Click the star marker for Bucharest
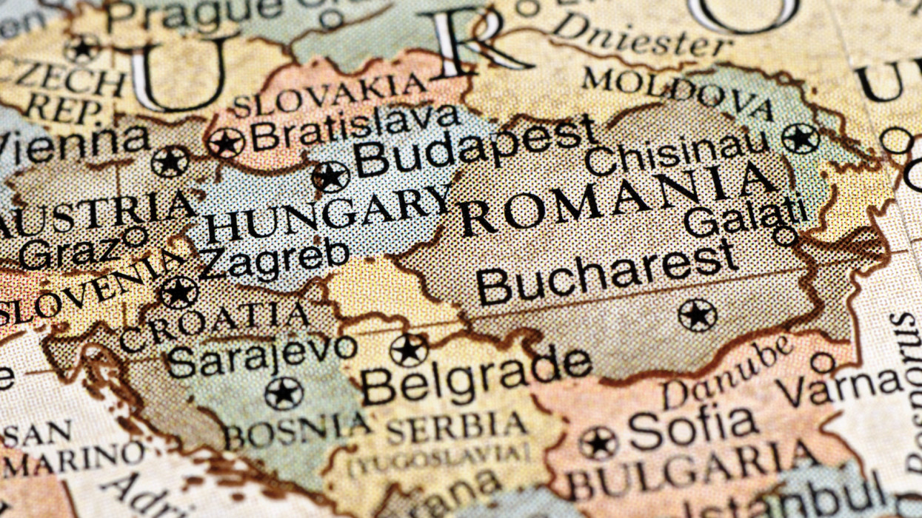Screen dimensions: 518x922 pos(697,315)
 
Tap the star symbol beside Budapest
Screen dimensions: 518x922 pos(330,177)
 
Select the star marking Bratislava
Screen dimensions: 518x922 pos(226,143)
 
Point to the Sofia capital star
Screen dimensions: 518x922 pos(598,443)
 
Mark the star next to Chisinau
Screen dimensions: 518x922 pos(801,138)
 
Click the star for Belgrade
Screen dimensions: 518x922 pos(409,350)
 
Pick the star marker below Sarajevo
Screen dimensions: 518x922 pos(284,393)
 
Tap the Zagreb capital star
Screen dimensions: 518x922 pos(178,292)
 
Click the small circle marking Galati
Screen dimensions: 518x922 pos(784,236)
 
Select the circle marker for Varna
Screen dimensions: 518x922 pos(822,363)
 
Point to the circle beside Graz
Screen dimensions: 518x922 pos(134,237)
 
